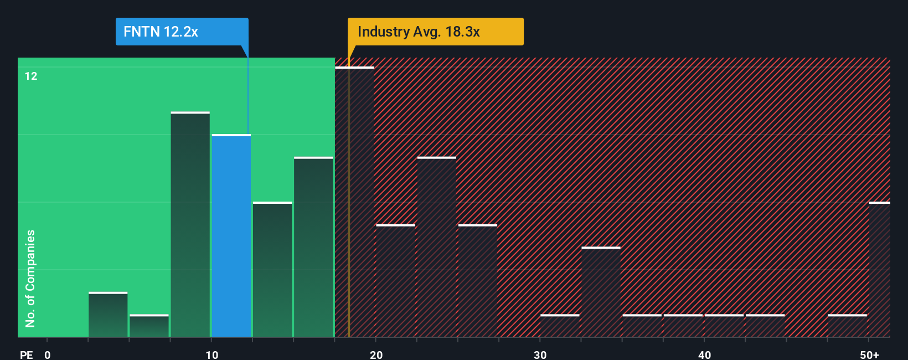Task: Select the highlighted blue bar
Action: tap(231, 235)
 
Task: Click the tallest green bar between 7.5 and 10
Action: tap(190, 224)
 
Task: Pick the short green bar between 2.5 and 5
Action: tap(108, 314)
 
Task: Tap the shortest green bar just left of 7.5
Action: tap(149, 326)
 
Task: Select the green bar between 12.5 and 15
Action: tap(272, 269)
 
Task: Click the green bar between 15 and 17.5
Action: tap(313, 247)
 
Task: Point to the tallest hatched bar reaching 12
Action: tap(354, 202)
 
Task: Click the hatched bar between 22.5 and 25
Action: tap(437, 247)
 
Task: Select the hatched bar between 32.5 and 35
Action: tap(601, 292)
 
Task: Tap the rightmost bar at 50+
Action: tap(879, 269)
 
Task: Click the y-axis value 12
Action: tap(31, 76)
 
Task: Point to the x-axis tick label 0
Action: tap(48, 354)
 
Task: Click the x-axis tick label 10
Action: tap(211, 354)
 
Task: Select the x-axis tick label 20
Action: tap(376, 354)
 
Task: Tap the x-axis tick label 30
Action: tap(540, 354)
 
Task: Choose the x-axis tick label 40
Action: tap(704, 354)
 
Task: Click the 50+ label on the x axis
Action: tap(869, 354)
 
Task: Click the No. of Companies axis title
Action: tap(30, 278)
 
